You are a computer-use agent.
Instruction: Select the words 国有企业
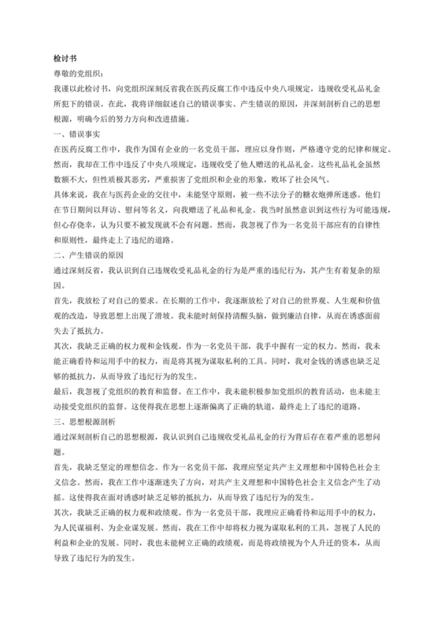(x=170, y=149)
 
